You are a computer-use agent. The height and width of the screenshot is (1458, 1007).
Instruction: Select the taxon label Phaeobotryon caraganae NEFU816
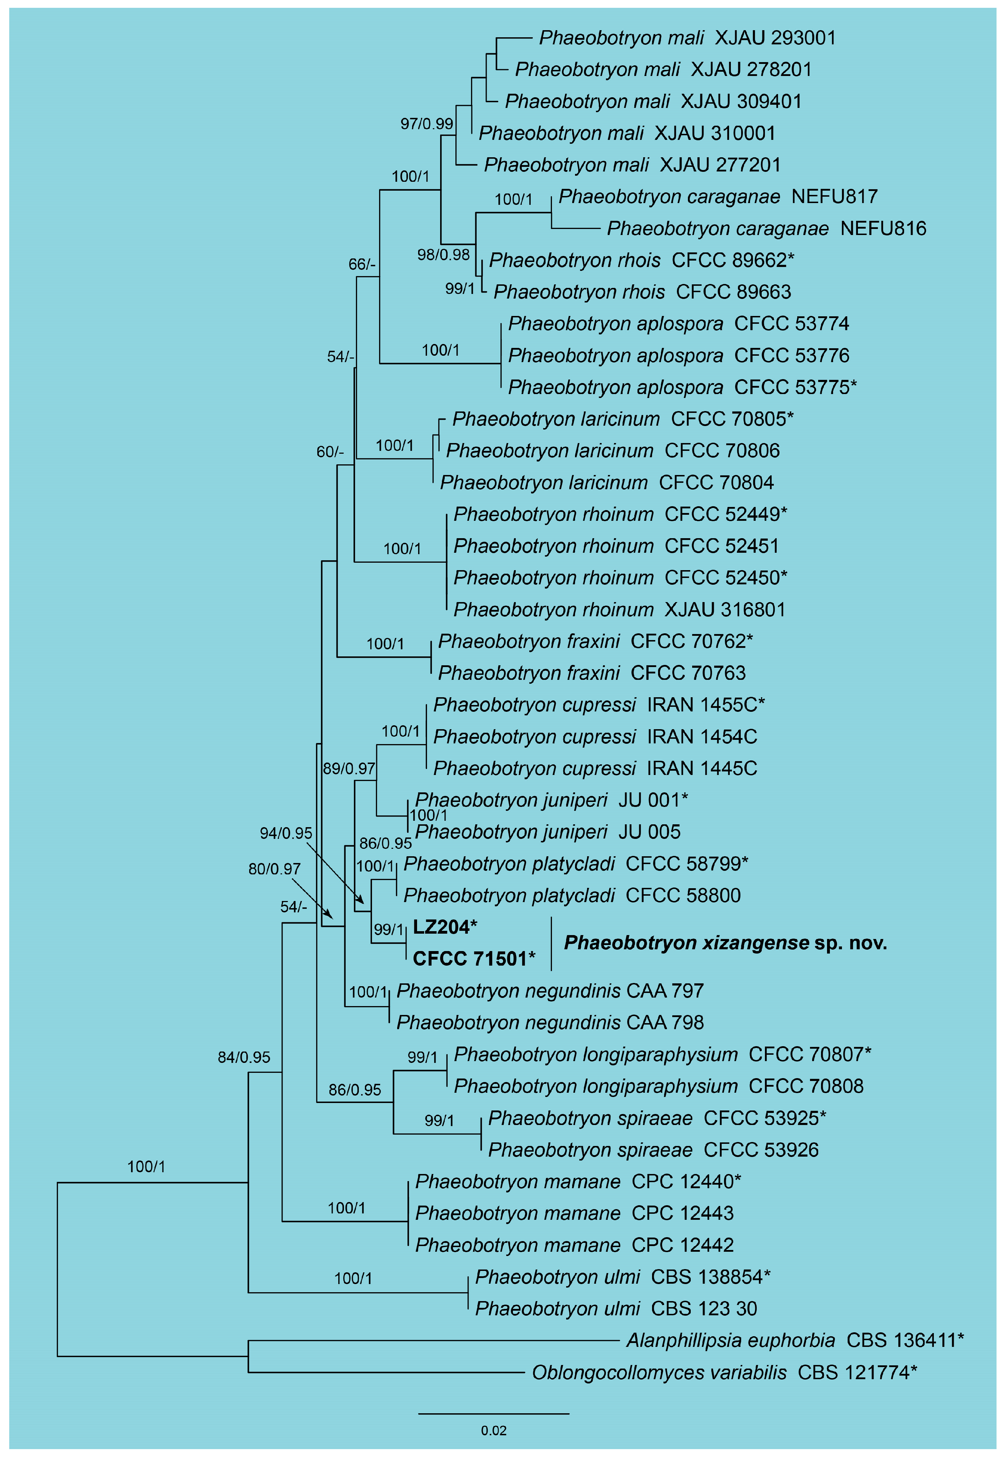tap(766, 228)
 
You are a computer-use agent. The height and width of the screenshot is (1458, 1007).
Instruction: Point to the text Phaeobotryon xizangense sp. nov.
tap(726, 943)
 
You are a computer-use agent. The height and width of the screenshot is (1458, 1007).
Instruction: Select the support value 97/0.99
tap(427, 124)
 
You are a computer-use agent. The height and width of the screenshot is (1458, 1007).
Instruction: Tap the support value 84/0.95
tap(243, 1057)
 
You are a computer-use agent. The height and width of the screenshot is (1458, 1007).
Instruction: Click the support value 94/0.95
tap(286, 833)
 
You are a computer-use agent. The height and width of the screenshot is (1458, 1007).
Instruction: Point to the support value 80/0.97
tap(274, 869)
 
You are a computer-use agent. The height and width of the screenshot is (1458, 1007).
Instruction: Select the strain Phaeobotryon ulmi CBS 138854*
tap(623, 1276)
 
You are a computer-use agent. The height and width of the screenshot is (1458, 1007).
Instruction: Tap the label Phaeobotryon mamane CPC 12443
tap(574, 1213)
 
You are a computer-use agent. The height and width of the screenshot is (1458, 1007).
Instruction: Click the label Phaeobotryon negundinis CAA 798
tap(549, 1022)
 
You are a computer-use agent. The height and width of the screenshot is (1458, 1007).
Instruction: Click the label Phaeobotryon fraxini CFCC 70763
tap(592, 672)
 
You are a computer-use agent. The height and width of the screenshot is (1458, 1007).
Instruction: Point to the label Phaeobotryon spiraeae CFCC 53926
tap(653, 1150)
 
